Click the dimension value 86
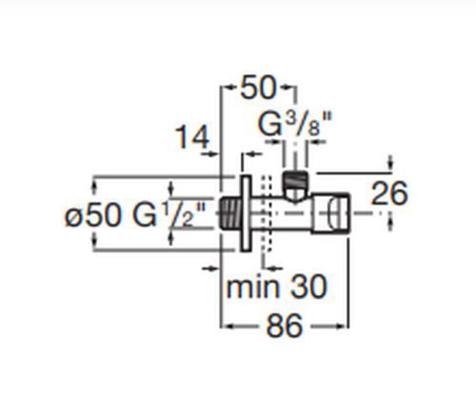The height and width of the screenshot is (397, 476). point(285,326)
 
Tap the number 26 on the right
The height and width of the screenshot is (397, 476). point(388,193)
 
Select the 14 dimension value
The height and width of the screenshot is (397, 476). point(192,137)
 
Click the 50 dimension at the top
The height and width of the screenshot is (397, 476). point(258,87)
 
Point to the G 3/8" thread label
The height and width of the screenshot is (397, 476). point(295,125)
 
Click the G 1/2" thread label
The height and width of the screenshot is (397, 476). point(169,215)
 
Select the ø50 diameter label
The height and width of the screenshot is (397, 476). point(93,215)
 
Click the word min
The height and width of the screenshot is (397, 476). point(252,287)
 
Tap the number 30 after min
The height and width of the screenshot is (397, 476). point(308,287)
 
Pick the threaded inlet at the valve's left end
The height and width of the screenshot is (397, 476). point(230,213)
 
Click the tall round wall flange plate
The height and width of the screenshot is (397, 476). point(246,213)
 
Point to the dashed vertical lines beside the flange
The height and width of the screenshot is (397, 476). point(266,213)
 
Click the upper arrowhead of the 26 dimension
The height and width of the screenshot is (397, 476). point(390,164)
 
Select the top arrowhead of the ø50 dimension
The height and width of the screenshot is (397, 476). point(94,186)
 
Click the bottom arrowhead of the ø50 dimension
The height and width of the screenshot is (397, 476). point(94,241)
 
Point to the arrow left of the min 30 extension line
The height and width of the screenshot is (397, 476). point(210,268)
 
